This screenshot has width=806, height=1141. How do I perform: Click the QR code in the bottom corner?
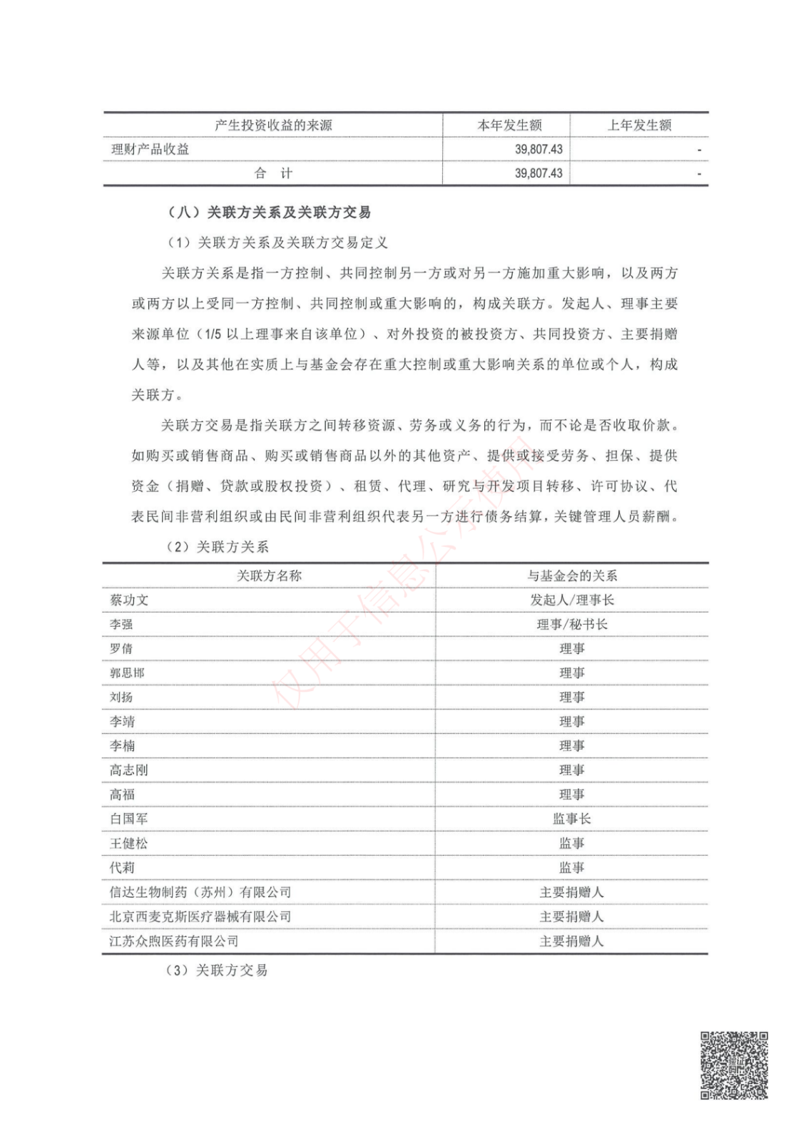point(734,1065)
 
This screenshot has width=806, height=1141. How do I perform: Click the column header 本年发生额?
point(509,126)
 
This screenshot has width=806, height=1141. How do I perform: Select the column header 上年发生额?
point(639,126)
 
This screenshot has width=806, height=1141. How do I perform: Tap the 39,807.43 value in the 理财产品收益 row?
point(539,150)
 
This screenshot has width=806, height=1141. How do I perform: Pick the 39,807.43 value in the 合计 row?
point(539,173)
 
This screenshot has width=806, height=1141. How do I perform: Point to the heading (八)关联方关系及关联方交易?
point(269,213)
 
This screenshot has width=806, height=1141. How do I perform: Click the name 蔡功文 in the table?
point(129,600)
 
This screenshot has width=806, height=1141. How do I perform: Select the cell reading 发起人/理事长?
point(571,600)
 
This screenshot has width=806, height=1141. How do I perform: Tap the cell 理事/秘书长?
point(571,625)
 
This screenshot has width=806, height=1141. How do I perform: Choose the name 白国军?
point(129,819)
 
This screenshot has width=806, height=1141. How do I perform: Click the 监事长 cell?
point(571,819)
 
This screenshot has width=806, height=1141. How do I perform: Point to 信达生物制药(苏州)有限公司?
point(200,892)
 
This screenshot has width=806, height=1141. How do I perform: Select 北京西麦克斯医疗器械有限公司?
point(200,916)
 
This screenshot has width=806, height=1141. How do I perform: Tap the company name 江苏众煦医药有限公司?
point(174,941)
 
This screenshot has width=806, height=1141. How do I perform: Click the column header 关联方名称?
point(269,576)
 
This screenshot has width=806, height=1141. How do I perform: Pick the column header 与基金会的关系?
point(571,576)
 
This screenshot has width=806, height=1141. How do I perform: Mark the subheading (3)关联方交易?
point(217,971)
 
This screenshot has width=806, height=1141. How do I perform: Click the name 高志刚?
point(129,770)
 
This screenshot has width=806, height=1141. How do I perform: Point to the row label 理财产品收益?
point(151,150)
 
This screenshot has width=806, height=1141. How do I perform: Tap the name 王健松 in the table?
point(129,844)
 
